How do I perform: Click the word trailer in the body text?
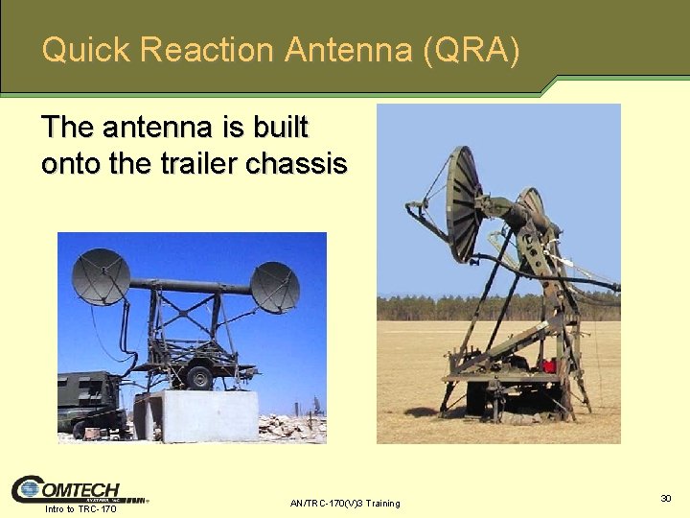click(200, 164)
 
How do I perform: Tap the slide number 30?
click(666, 498)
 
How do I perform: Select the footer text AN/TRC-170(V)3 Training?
click(345, 504)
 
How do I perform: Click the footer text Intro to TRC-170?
click(80, 508)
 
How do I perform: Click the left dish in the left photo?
click(101, 276)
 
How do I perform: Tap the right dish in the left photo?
click(275, 287)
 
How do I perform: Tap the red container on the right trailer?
click(548, 366)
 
